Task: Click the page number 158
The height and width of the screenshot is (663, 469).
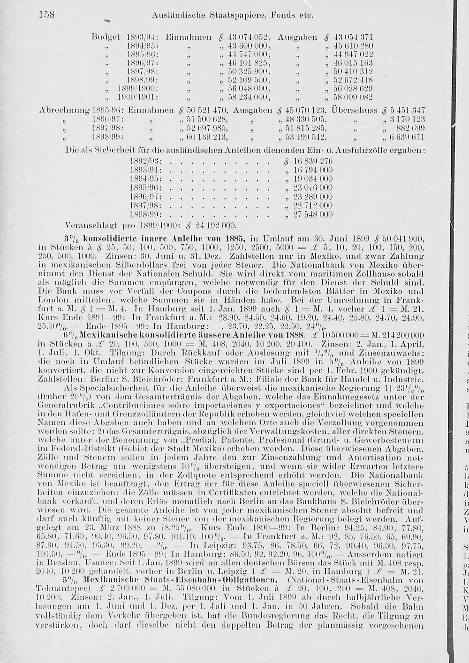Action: (46, 15)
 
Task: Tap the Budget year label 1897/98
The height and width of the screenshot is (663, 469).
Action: (142, 71)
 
